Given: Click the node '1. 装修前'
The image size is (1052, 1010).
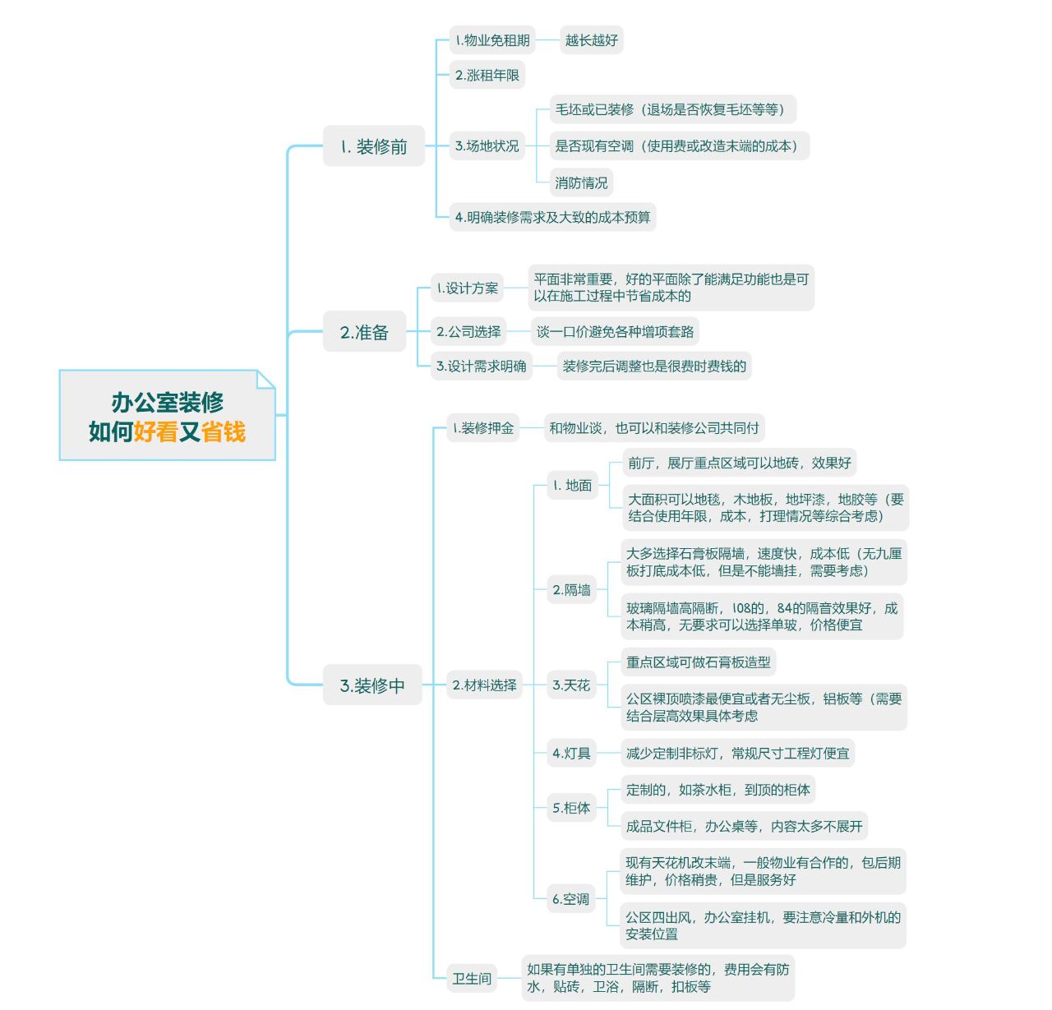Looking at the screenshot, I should click(374, 146).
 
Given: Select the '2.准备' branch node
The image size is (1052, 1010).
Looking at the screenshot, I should click(364, 332).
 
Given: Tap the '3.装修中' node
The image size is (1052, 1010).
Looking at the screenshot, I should click(372, 685).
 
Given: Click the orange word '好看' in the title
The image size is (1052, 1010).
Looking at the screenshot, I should click(156, 431).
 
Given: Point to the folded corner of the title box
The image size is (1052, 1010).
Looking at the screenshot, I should click(265, 379).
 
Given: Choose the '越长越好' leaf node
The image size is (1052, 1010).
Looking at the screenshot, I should click(591, 39).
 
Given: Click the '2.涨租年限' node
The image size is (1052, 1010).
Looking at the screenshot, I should click(487, 75).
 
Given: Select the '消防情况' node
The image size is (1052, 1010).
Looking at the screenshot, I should click(581, 182).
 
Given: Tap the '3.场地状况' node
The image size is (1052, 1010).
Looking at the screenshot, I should click(487, 145).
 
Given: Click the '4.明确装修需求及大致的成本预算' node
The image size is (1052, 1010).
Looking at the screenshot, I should click(552, 217).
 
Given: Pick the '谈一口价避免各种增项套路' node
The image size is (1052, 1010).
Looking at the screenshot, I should click(615, 331).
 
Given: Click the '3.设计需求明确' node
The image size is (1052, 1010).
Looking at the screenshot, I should click(482, 366).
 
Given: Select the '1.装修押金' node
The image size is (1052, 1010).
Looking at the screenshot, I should click(483, 427).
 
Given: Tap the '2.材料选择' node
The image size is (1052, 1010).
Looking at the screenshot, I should click(484, 685).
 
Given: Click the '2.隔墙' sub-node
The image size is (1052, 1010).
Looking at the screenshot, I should click(571, 589).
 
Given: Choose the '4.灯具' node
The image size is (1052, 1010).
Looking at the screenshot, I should click(571, 753).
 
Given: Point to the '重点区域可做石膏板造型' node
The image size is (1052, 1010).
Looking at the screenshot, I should click(699, 662).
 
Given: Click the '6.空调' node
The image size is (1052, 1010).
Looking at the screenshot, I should click(570, 899).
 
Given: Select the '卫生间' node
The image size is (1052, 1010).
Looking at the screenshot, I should click(472, 978).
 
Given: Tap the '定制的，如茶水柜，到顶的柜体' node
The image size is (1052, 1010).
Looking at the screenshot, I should click(717, 790).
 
